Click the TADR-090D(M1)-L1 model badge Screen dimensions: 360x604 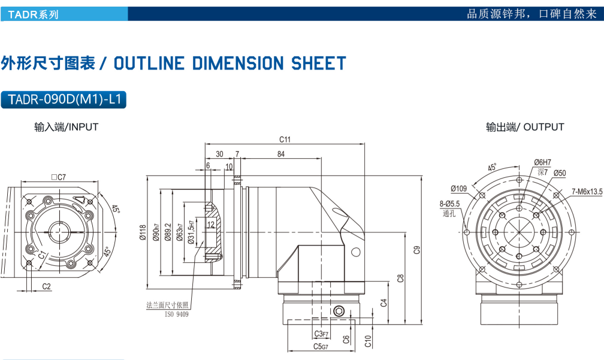(x=64, y=100)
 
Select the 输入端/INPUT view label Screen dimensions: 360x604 (x=67, y=127)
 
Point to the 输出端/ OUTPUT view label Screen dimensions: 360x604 (x=525, y=127)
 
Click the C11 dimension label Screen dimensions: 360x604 (x=285, y=140)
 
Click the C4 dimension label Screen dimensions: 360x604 (x=384, y=302)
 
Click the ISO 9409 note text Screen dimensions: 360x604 (x=176, y=314)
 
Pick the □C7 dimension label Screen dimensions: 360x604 (x=58, y=177)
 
